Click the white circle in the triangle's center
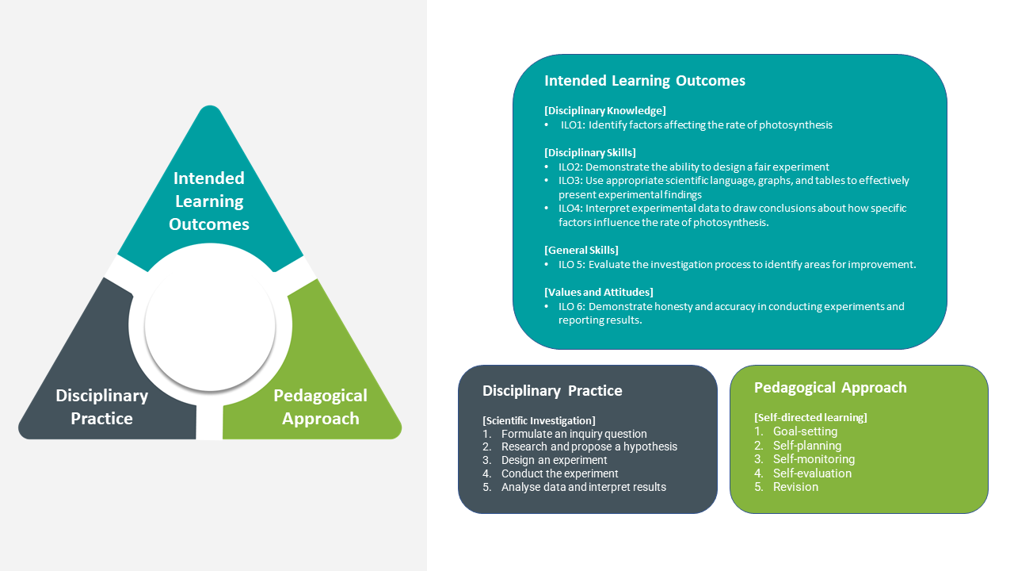pyautogui.click(x=210, y=325)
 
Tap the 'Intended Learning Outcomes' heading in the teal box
pyautogui.click(x=644, y=81)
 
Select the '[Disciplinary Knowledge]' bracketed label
pyautogui.click(x=605, y=110)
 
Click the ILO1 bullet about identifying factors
pyautogui.click(x=696, y=125)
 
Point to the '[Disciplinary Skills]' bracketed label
pyautogui.click(x=590, y=152)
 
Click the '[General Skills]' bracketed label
pyautogui.click(x=581, y=250)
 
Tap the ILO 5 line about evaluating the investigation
pyautogui.click(x=737, y=264)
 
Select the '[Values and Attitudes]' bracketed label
pyautogui.click(x=599, y=292)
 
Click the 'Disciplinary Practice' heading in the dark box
pyautogui.click(x=552, y=391)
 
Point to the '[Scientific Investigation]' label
pyautogui.click(x=539, y=420)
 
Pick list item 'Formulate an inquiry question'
pyautogui.click(x=574, y=434)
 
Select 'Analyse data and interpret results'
pyautogui.click(x=583, y=487)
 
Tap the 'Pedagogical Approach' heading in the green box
pyautogui.click(x=830, y=388)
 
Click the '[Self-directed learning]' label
pyautogui.click(x=810, y=417)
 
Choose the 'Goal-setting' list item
pyautogui.click(x=805, y=431)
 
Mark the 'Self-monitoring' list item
pyautogui.click(x=814, y=459)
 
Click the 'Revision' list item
pyautogui.click(x=795, y=487)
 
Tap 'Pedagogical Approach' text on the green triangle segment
pyautogui.click(x=320, y=407)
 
